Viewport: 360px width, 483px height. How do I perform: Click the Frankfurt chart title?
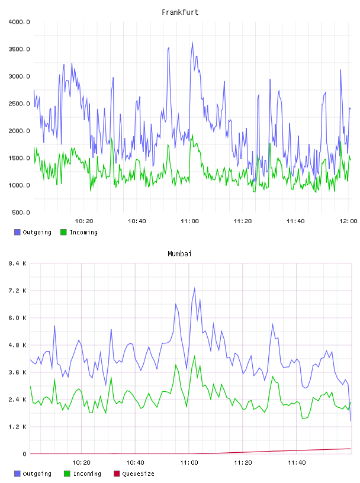(180, 12)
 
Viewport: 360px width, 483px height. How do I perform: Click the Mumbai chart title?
(179, 254)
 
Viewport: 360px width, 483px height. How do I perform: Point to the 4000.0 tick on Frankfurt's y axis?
(19, 22)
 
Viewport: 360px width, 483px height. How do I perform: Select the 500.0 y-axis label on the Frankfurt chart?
(21, 212)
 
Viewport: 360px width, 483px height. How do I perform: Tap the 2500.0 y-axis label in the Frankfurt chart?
(19, 104)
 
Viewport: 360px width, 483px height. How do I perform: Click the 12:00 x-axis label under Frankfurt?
(348, 221)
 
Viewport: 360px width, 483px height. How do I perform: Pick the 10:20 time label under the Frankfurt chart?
(84, 221)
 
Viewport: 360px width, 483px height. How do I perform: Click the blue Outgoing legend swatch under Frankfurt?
(17, 232)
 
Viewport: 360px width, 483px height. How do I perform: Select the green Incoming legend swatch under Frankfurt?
(63, 232)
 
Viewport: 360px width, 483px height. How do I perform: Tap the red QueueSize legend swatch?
(117, 474)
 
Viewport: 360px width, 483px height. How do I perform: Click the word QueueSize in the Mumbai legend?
(139, 474)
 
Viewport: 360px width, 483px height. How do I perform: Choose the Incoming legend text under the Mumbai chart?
(87, 474)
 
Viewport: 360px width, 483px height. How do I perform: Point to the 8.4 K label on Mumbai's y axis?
(18, 263)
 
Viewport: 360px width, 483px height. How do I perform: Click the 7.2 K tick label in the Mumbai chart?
(18, 291)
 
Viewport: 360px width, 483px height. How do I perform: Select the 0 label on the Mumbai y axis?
(25, 454)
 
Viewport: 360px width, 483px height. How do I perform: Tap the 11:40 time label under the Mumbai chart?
(297, 463)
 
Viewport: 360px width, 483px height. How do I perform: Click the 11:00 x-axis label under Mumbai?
(189, 463)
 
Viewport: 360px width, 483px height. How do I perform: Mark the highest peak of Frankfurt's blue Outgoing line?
(192, 43)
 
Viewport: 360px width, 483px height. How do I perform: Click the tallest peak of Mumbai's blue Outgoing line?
(194, 288)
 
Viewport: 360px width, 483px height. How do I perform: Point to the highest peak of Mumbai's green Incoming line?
(194, 356)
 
